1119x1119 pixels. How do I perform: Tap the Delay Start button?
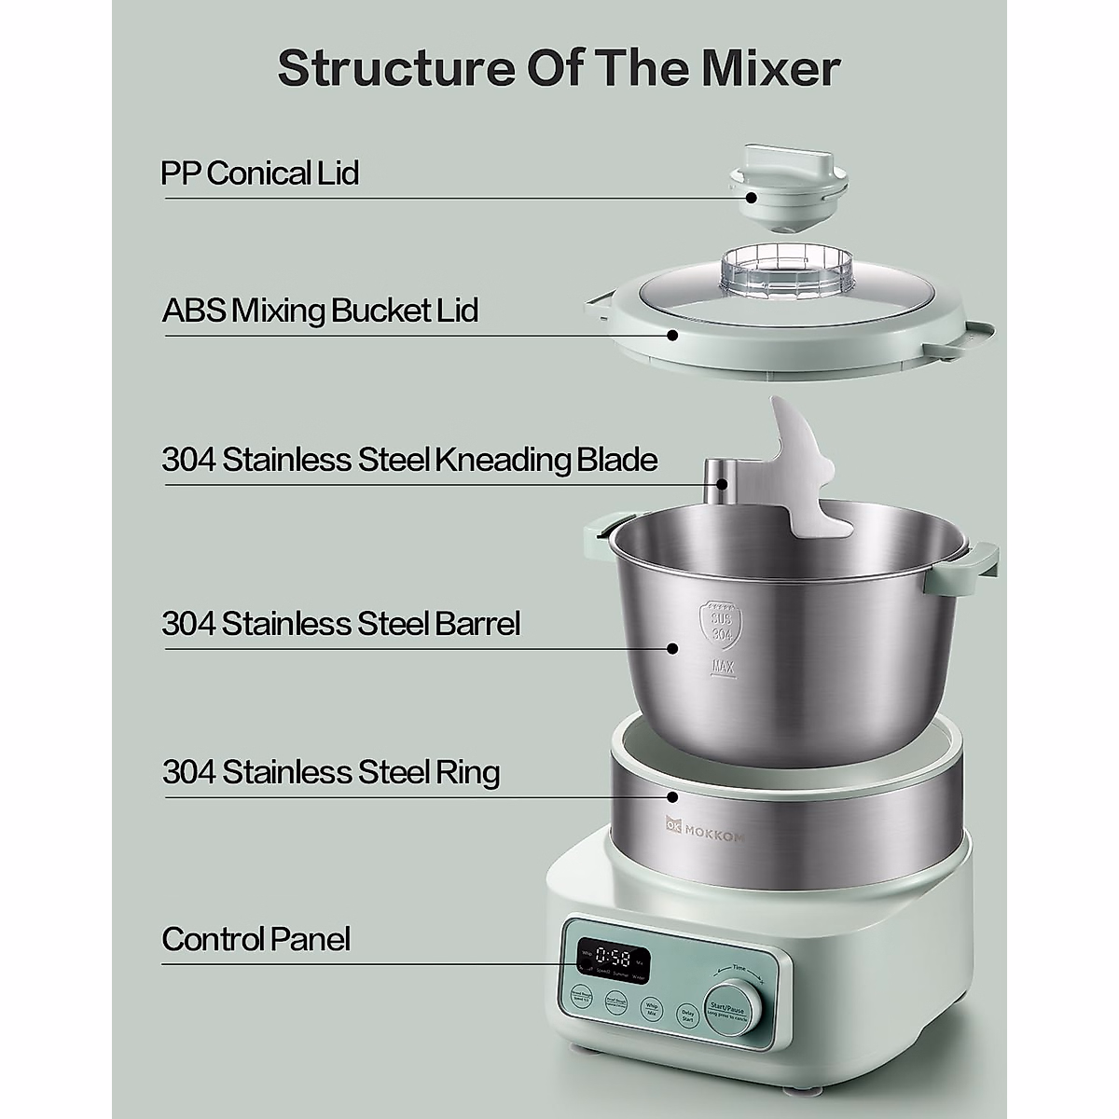687,1015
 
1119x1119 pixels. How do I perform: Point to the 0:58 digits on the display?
613,956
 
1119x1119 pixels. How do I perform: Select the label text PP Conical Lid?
260,173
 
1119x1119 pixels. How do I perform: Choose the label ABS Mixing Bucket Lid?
320,310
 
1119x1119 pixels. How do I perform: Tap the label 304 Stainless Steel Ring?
331,773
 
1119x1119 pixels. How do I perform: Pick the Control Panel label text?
256,939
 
